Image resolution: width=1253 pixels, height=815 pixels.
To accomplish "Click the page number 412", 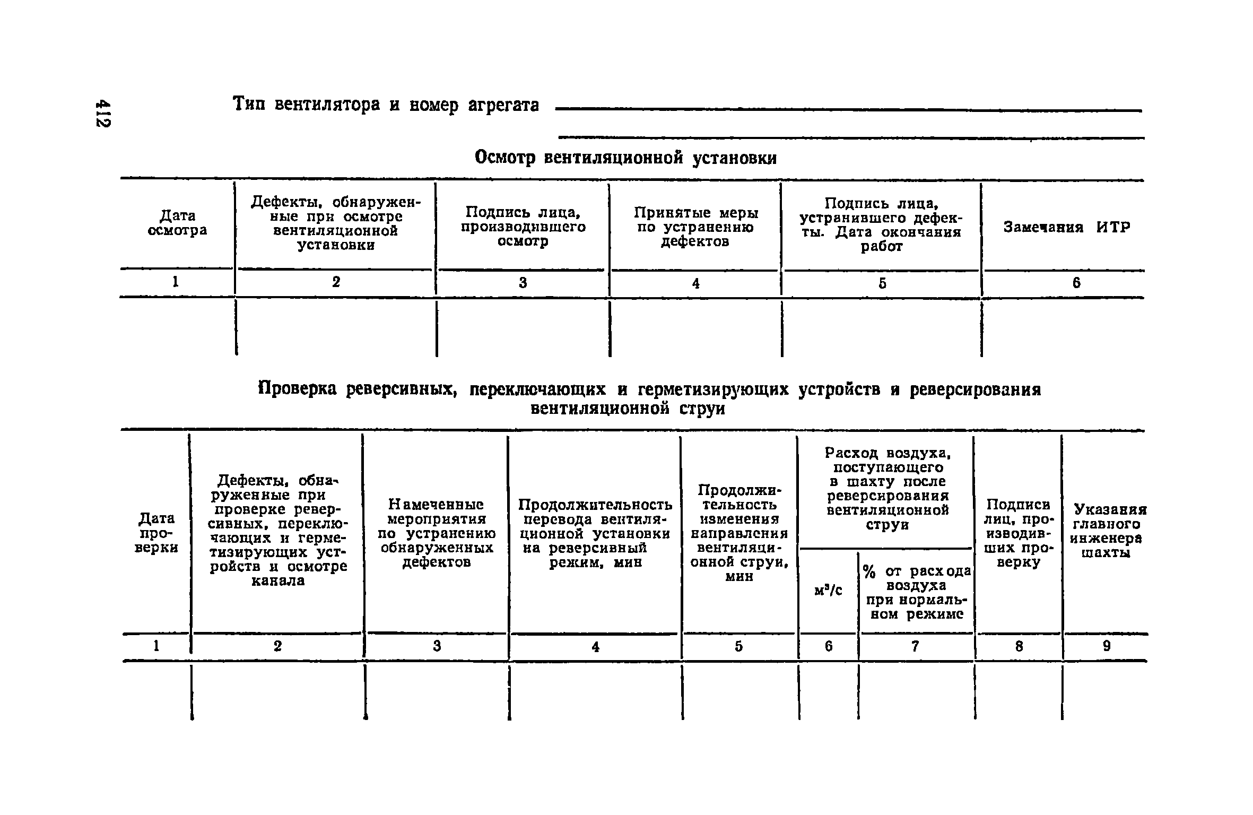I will click(103, 113).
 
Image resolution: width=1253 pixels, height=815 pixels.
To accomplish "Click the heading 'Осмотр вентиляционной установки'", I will click(625, 158).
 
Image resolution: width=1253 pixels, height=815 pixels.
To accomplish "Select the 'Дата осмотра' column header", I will click(177, 223).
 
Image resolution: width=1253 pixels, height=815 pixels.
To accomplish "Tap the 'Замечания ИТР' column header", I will click(1067, 228).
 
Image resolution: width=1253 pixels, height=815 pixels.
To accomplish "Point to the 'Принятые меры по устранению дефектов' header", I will click(695, 227).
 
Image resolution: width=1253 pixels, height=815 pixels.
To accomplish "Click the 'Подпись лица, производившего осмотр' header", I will click(523, 227).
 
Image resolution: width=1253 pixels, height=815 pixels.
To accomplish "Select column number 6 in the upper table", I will click(1076, 283).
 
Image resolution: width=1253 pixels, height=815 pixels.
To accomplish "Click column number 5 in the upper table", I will click(882, 283).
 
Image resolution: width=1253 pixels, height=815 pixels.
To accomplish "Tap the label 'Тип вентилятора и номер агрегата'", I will click(386, 105).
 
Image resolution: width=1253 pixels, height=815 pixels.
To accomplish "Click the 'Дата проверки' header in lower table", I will click(156, 533).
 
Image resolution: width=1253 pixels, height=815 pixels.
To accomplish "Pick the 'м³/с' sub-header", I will click(828, 590).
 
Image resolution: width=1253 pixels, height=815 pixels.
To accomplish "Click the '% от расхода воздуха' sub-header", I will click(917, 593).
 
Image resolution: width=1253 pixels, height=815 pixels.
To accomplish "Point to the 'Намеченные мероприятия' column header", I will click(437, 533).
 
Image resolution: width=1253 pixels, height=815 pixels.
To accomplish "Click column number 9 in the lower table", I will click(1106, 646).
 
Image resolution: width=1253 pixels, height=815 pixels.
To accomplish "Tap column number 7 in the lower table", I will click(915, 646).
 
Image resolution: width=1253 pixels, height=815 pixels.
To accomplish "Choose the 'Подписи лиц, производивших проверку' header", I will click(1018, 533).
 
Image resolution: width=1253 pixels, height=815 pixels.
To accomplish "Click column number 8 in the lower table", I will click(1019, 646).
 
